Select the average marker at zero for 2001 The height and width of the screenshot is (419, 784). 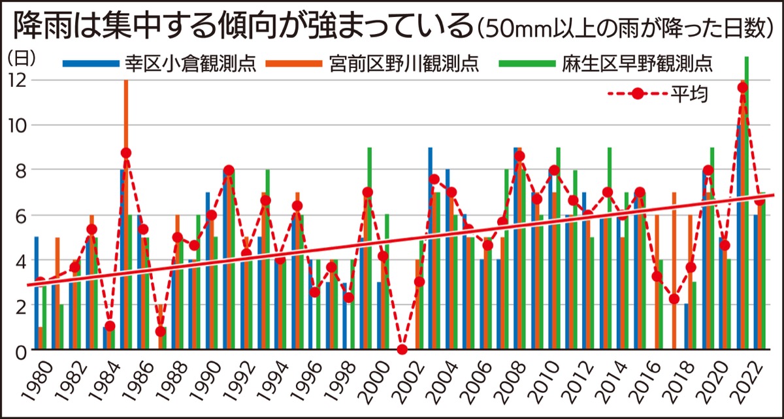[402, 350]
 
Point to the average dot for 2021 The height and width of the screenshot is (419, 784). [742, 88]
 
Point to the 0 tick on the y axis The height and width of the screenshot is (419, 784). [20, 350]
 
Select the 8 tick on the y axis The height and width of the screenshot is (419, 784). [20, 170]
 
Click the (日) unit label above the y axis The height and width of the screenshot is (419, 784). [21, 58]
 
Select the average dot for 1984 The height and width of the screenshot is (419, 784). [110, 326]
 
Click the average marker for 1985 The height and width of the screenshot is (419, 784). [126, 153]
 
